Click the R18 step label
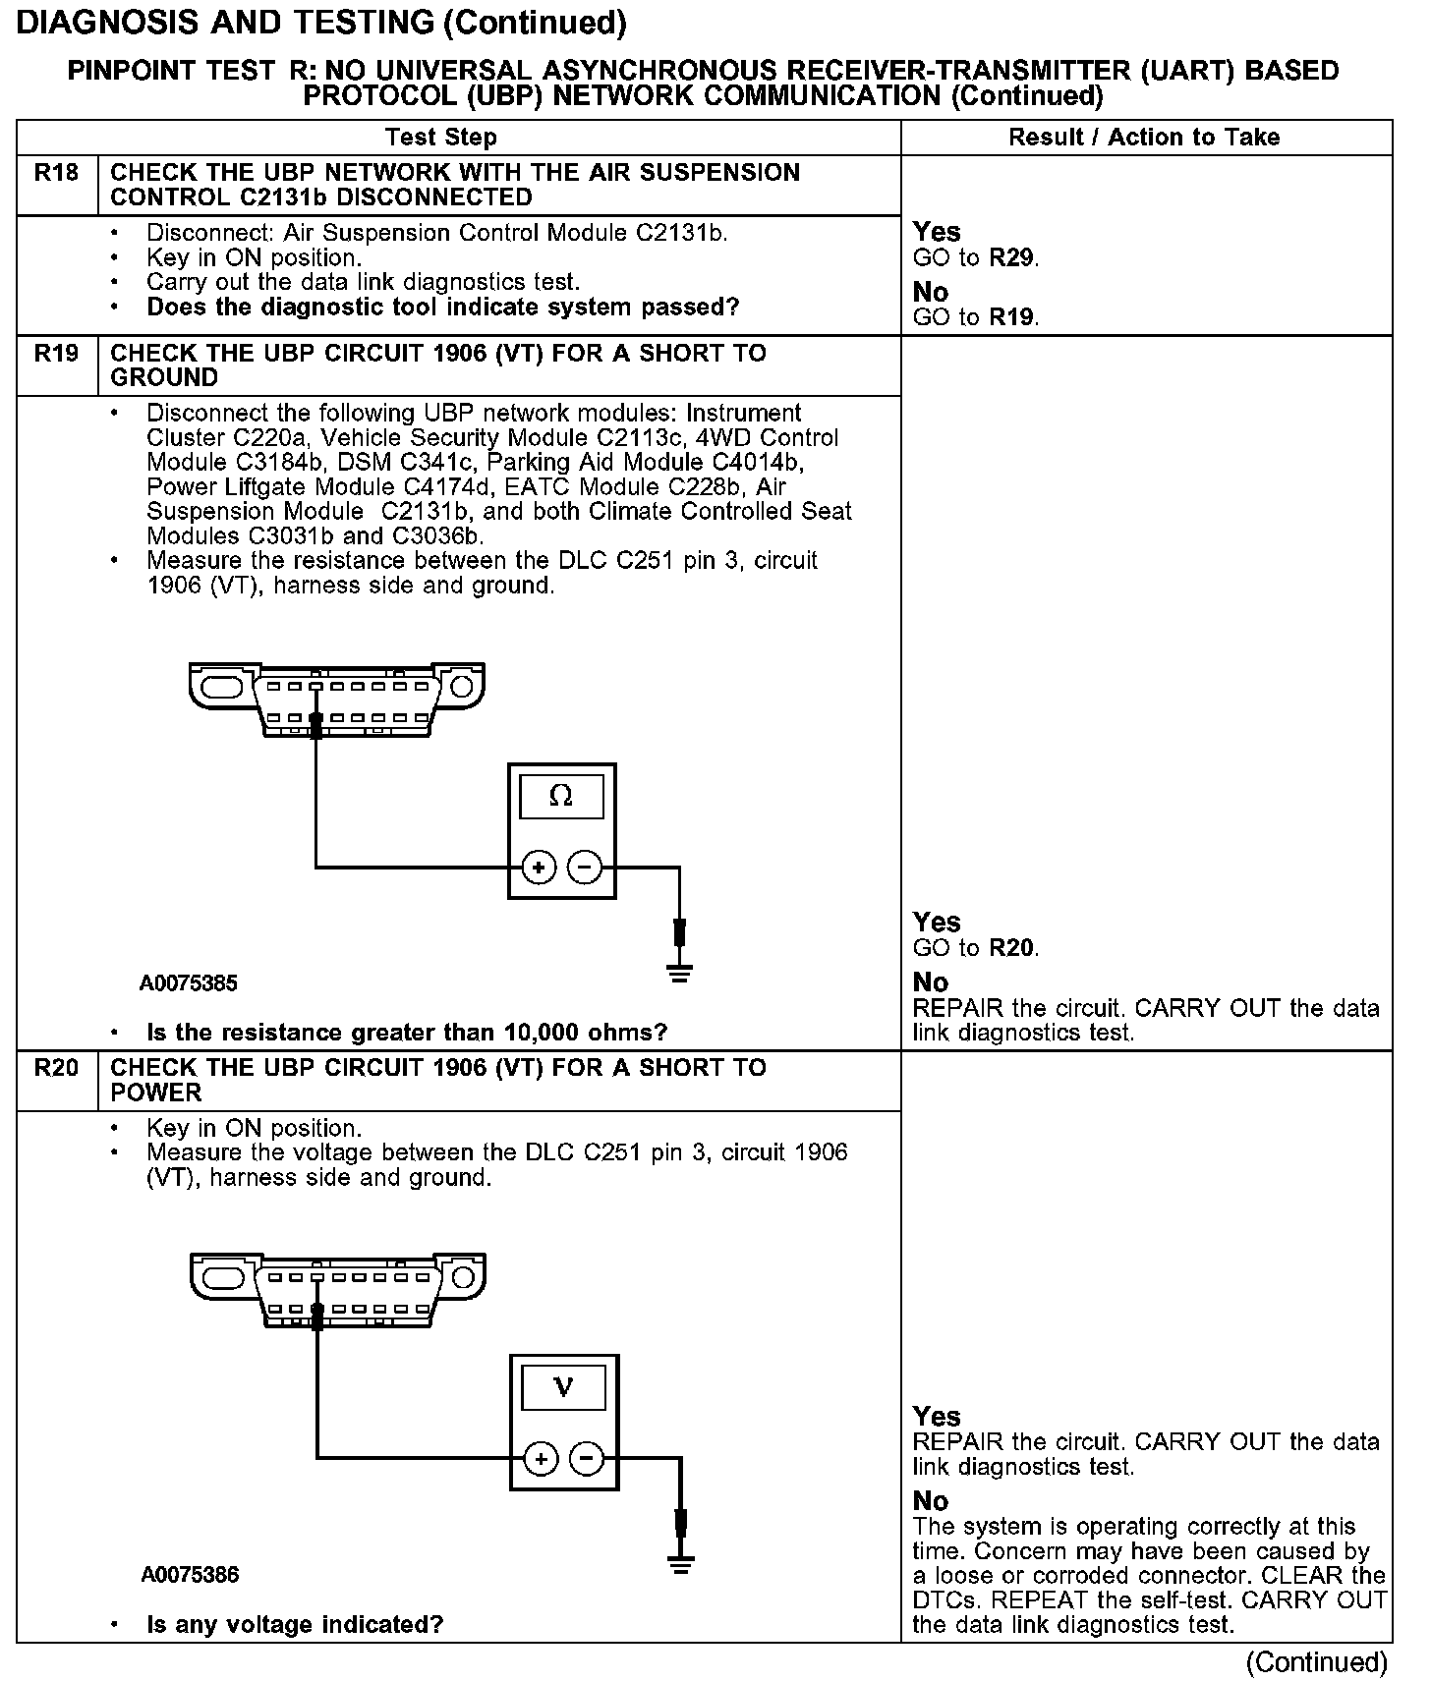56,173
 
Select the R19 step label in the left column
56,354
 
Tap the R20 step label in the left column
56,1068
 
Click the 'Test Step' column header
441,138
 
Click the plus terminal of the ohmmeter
539,868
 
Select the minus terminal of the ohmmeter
585,868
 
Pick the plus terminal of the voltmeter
541,1459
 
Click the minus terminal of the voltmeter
587,1459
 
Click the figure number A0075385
189,983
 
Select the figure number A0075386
190,1575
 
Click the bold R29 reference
1012,258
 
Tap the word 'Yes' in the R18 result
937,232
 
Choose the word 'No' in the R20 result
931,1500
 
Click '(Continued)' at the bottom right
1317,1661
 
